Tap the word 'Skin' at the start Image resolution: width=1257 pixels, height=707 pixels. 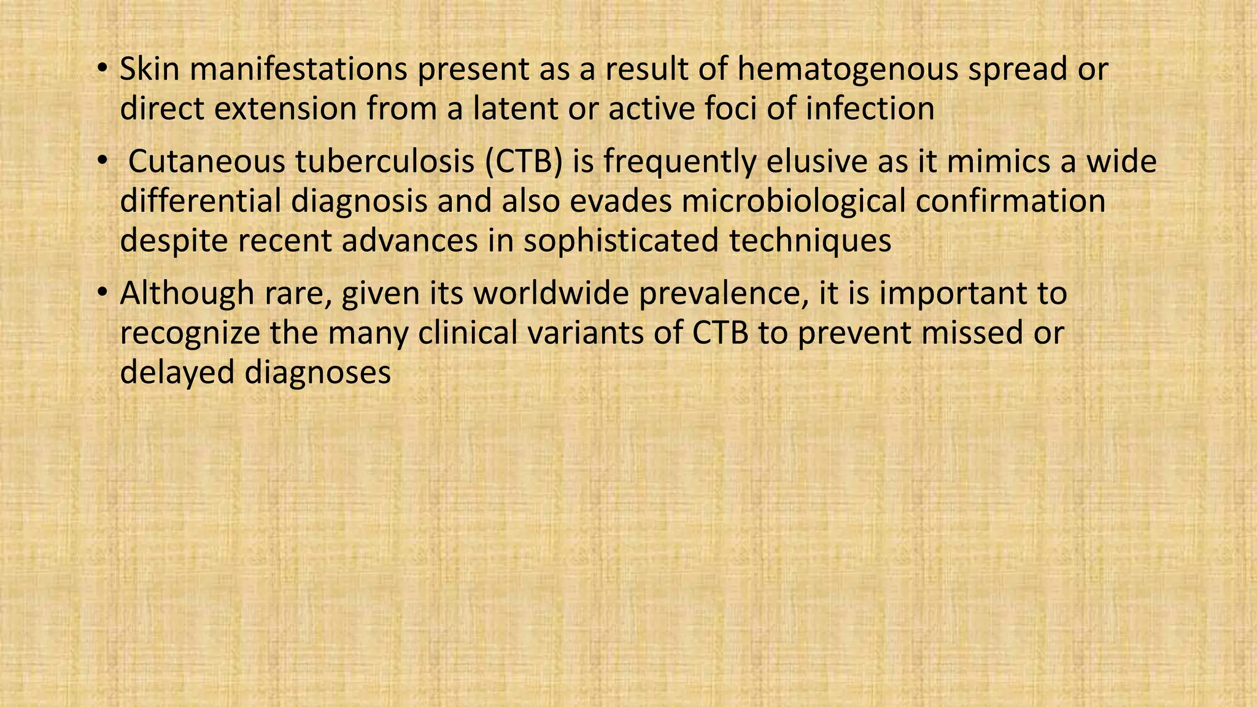[x=149, y=69]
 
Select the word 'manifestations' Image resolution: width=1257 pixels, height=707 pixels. [x=298, y=69]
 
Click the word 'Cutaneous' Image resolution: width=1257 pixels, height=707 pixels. [x=207, y=162]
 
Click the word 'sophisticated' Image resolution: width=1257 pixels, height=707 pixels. [x=621, y=241]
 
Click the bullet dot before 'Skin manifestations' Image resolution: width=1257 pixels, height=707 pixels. [x=102, y=66]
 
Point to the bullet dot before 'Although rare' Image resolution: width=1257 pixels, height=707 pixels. [x=102, y=291]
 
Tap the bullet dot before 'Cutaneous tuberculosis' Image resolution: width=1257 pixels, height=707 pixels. [x=102, y=159]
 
